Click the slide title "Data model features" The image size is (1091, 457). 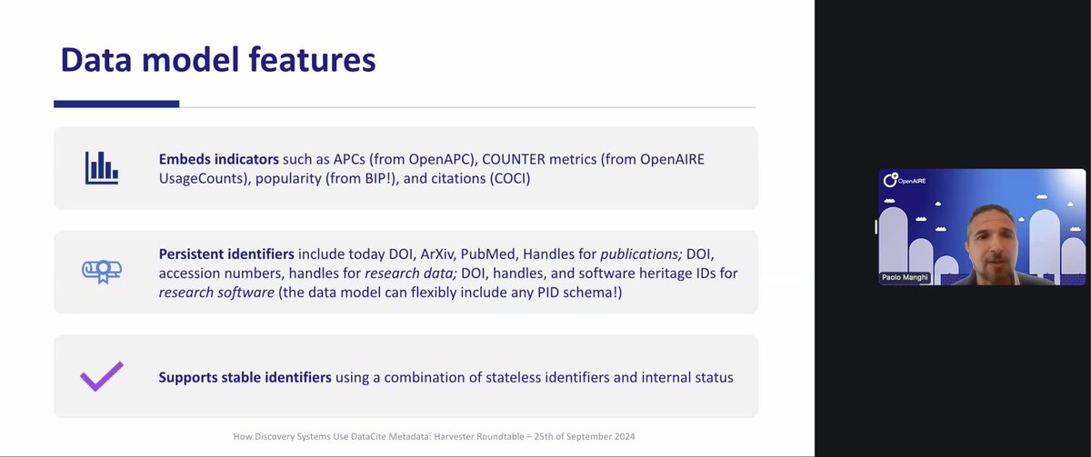(x=217, y=60)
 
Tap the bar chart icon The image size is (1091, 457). (x=102, y=167)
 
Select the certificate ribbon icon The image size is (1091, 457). (x=102, y=270)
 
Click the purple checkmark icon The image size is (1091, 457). (x=102, y=376)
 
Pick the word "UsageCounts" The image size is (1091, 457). (x=201, y=179)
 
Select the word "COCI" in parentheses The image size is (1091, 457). (x=505, y=179)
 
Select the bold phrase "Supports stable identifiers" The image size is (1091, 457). (x=245, y=377)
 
